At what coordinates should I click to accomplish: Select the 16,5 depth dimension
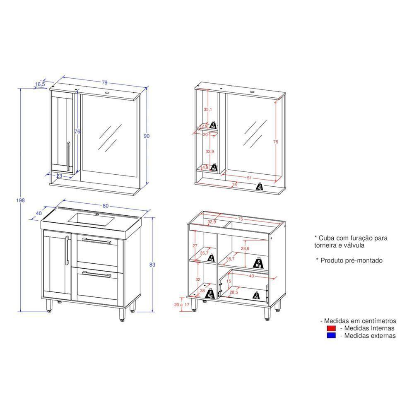(x=40, y=84)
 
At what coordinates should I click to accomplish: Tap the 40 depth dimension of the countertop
(x=39, y=214)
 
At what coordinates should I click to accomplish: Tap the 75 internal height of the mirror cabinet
(x=276, y=142)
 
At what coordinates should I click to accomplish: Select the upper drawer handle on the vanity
(x=96, y=241)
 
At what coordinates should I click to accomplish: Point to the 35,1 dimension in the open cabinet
(x=207, y=110)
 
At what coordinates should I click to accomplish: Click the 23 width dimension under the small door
(x=59, y=176)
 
